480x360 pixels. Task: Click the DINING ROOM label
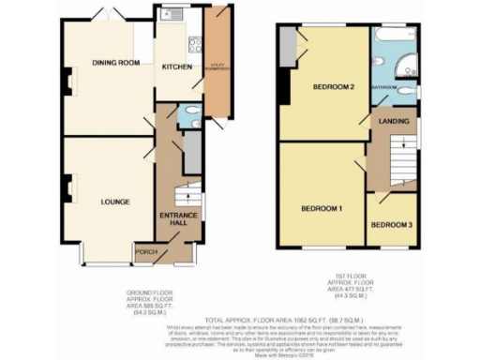(115, 63)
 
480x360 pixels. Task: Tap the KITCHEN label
(177, 67)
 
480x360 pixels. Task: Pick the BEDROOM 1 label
(321, 207)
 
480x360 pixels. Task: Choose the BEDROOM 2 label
(333, 88)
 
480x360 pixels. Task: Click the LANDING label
(391, 123)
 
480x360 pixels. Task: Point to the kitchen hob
(196, 44)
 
